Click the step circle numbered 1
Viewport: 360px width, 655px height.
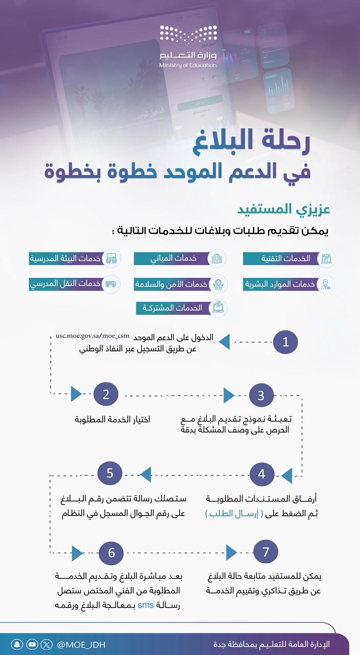[285, 342]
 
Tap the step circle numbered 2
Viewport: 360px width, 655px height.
[106, 394]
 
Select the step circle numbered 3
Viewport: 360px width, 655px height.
[261, 395]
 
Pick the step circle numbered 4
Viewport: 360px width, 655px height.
[262, 474]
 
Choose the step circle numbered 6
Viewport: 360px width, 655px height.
[111, 553]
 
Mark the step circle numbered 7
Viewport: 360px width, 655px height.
[265, 552]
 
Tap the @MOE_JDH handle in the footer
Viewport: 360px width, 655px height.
[81, 645]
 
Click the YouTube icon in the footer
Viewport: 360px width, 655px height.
[32, 645]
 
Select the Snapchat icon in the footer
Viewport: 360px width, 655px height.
[17, 645]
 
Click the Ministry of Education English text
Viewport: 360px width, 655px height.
[188, 65]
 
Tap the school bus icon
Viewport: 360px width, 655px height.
[110, 284]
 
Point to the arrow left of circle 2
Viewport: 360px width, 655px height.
[76, 394]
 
